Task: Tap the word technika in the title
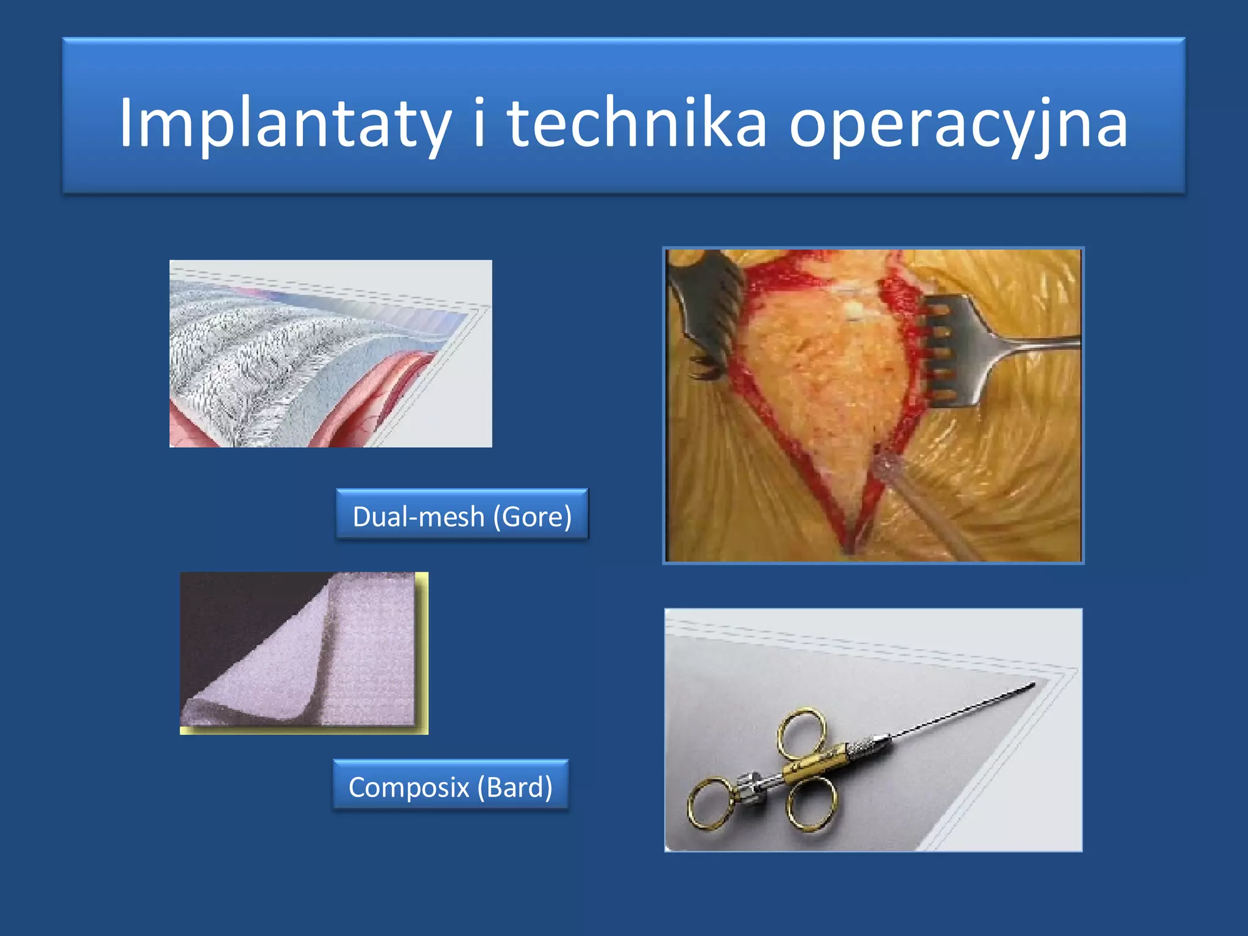[x=636, y=124]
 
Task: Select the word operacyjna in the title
[x=959, y=124]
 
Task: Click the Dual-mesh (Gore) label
[x=462, y=516]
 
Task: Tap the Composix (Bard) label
[x=450, y=786]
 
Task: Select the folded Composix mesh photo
[x=303, y=652]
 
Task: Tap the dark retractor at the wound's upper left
[x=707, y=305]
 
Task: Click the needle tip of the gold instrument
[x=1032, y=686]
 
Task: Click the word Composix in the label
[x=409, y=787]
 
